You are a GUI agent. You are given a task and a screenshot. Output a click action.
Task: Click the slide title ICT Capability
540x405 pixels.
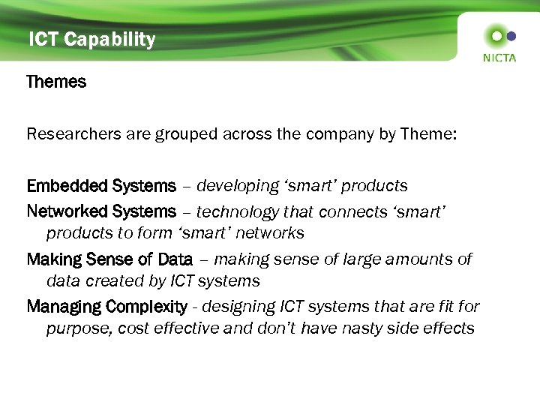click(91, 40)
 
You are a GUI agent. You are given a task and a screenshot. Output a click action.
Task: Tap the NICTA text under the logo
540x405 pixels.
click(499, 58)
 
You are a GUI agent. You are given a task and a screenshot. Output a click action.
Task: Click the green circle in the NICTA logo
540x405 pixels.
click(494, 35)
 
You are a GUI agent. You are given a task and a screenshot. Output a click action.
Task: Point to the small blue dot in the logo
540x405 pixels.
click(511, 35)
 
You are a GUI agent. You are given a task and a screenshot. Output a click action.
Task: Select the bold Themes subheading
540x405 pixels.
click(56, 82)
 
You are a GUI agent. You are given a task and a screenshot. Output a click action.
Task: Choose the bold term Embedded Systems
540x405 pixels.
click(101, 185)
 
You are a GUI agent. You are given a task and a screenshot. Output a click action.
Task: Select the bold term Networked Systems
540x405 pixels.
click(101, 212)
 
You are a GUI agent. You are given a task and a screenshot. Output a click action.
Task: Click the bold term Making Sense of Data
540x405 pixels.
click(109, 259)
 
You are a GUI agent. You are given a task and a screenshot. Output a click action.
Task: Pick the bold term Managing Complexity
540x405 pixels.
click(106, 307)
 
